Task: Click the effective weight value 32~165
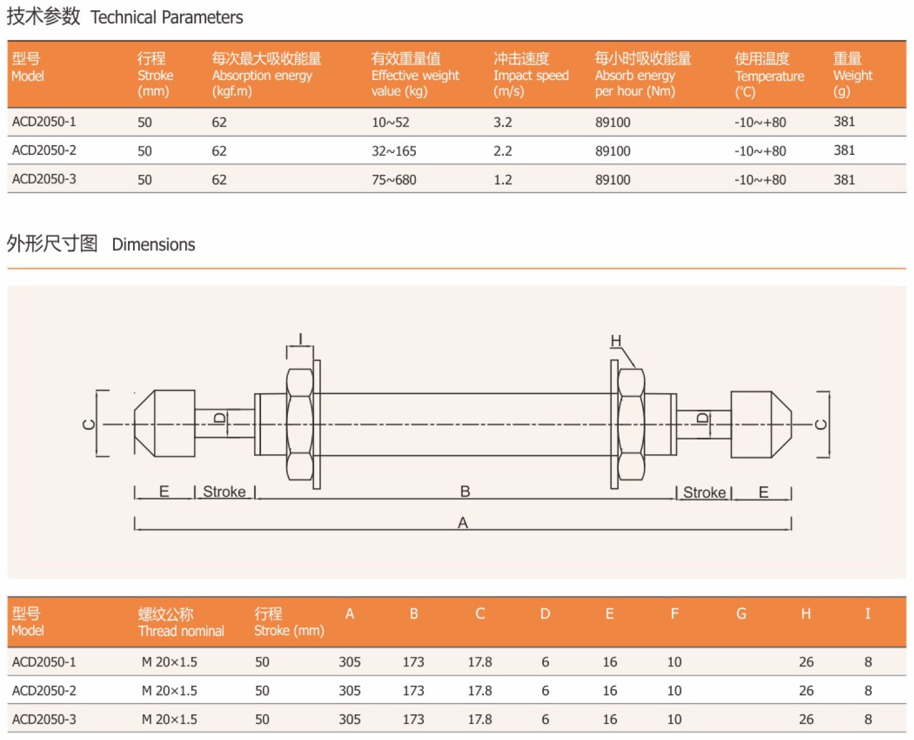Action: pos(394,151)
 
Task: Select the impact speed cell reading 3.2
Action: pos(503,122)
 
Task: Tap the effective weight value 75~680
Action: pos(394,179)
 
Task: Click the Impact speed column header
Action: pos(530,75)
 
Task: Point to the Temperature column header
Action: pos(769,75)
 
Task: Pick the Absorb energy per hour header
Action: pos(643,75)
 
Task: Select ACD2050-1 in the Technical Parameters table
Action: pos(44,122)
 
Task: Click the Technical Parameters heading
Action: pos(125,17)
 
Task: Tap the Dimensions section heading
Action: pos(101,244)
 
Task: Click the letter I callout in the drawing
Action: pos(300,339)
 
